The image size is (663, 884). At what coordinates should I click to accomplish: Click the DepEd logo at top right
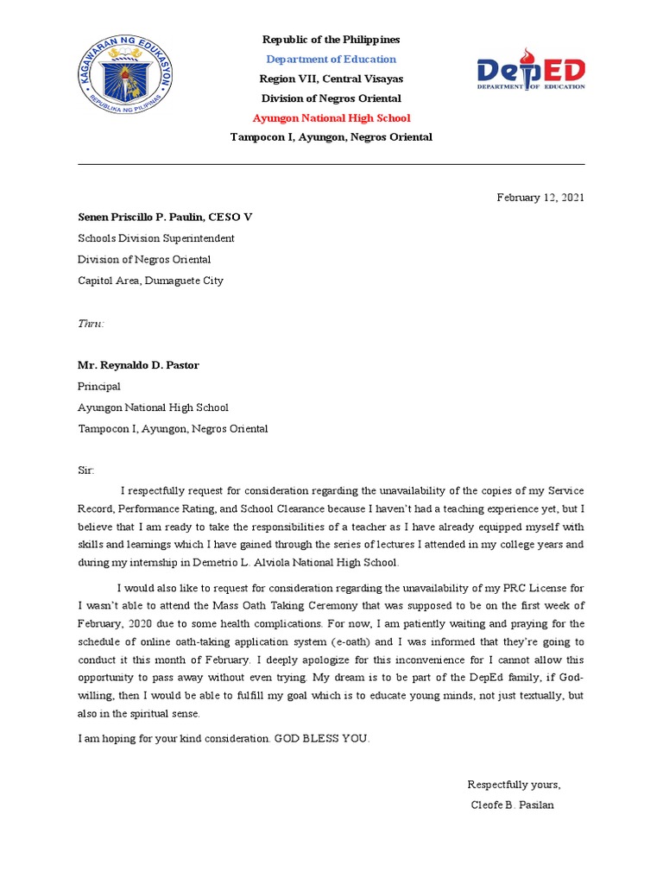pos(531,73)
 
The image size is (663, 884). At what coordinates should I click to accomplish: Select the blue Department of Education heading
pos(331,60)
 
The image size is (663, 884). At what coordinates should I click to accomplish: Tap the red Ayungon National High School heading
pos(331,118)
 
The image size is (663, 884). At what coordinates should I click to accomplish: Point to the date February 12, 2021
pos(540,198)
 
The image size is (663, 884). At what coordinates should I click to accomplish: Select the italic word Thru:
pos(91,323)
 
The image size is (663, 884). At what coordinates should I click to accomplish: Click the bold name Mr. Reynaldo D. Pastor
pos(138,365)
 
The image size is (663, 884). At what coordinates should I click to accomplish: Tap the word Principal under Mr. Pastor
pos(99,387)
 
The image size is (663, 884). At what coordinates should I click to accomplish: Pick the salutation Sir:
pos(86,470)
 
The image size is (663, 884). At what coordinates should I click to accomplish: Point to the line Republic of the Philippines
pos(331,40)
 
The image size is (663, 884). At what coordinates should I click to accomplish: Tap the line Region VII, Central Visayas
pos(331,79)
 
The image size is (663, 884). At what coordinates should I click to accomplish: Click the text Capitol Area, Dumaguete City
pos(150,281)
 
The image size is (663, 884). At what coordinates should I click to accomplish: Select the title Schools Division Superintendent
pos(155,238)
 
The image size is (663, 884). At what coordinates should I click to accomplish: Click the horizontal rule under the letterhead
pos(331,164)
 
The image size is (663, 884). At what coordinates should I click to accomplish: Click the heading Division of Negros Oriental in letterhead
pos(331,98)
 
